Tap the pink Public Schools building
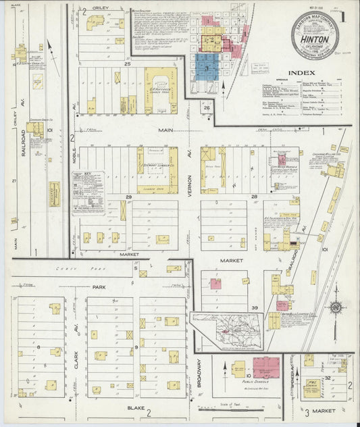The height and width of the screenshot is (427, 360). click(x=265, y=368)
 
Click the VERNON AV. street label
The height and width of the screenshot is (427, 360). click(x=191, y=160)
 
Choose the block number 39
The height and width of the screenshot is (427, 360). click(x=255, y=307)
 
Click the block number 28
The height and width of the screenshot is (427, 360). click(x=255, y=196)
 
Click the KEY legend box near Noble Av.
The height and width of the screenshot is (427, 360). click(x=88, y=193)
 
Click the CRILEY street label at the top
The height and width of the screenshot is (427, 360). click(x=101, y=8)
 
